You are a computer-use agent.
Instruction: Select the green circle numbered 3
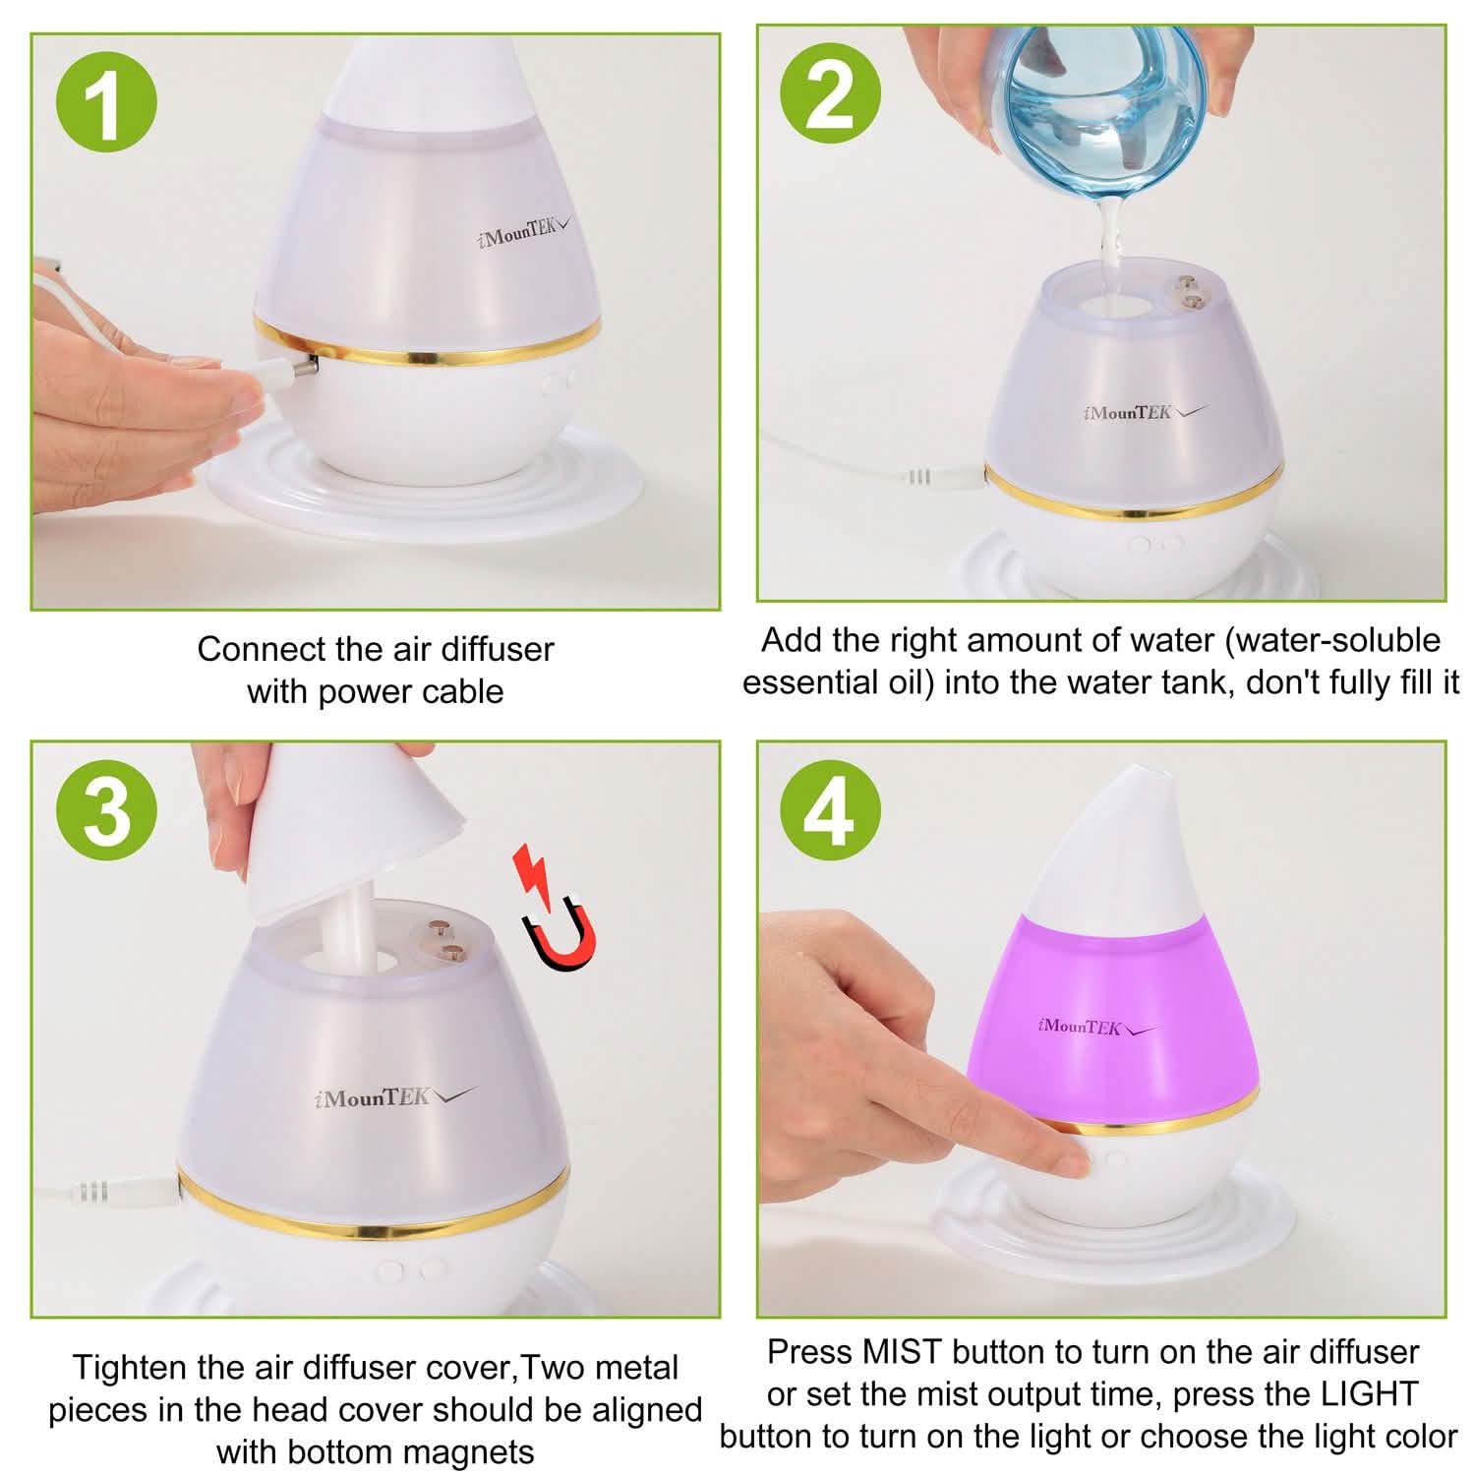click(x=107, y=811)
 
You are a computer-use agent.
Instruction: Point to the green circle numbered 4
click(x=831, y=811)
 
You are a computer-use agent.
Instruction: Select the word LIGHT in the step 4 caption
click(x=1368, y=1394)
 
